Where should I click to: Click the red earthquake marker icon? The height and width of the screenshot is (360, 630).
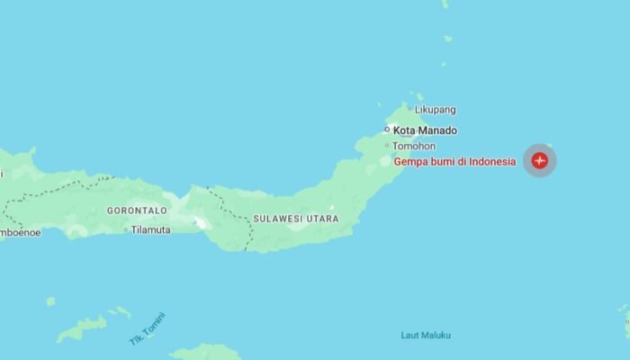tap(539, 161)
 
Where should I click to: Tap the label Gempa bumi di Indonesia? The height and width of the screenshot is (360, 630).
tap(454, 162)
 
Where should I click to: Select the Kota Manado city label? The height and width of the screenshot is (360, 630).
tap(425, 130)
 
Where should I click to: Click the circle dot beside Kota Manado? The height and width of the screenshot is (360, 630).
tap(388, 130)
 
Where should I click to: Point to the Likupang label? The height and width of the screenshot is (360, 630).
tap(435, 110)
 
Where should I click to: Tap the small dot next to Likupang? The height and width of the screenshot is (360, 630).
tap(409, 109)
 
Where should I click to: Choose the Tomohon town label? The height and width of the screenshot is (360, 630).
tap(414, 146)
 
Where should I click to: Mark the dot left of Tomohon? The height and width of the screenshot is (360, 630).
tap(387, 146)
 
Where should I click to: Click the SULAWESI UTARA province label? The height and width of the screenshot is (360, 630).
tap(295, 219)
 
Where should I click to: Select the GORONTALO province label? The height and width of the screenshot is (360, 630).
tap(137, 211)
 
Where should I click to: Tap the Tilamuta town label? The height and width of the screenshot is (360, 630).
tap(150, 229)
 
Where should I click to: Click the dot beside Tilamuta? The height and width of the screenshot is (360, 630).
tap(126, 229)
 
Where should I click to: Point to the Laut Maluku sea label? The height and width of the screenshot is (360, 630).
tap(426, 336)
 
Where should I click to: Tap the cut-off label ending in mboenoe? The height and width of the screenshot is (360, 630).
tap(20, 232)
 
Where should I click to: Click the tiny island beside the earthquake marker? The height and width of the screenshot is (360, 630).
tap(550, 145)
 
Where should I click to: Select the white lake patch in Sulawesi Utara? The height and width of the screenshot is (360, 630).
tap(200, 221)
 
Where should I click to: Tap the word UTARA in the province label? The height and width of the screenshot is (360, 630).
tap(323, 219)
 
